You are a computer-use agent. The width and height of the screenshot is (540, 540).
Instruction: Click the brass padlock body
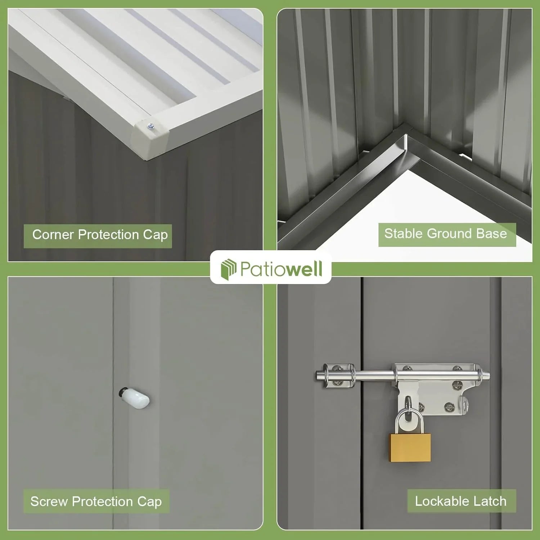(410, 448)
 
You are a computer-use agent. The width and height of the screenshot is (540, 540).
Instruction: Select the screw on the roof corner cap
(151, 126)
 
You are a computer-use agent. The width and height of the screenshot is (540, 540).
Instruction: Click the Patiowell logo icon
(228, 269)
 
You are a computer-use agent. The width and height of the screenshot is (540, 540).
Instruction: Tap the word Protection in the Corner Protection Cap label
(108, 235)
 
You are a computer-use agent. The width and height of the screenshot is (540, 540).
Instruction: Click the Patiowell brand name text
(281, 269)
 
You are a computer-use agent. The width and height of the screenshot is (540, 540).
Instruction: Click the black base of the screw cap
(123, 392)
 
